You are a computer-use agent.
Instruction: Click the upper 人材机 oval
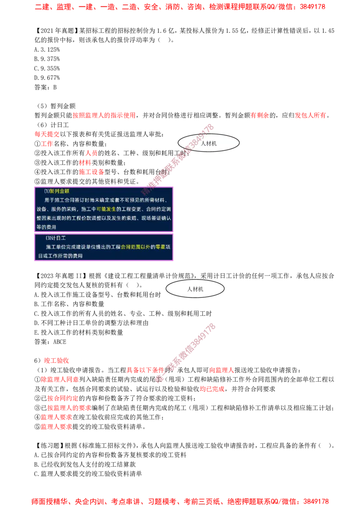click(x=208, y=143)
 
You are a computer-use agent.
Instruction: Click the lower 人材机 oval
click(x=195, y=289)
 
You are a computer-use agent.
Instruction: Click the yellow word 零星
click(x=161, y=247)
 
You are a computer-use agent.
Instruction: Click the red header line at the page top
click(x=180, y=7)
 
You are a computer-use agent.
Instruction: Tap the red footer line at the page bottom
click(x=180, y=500)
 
